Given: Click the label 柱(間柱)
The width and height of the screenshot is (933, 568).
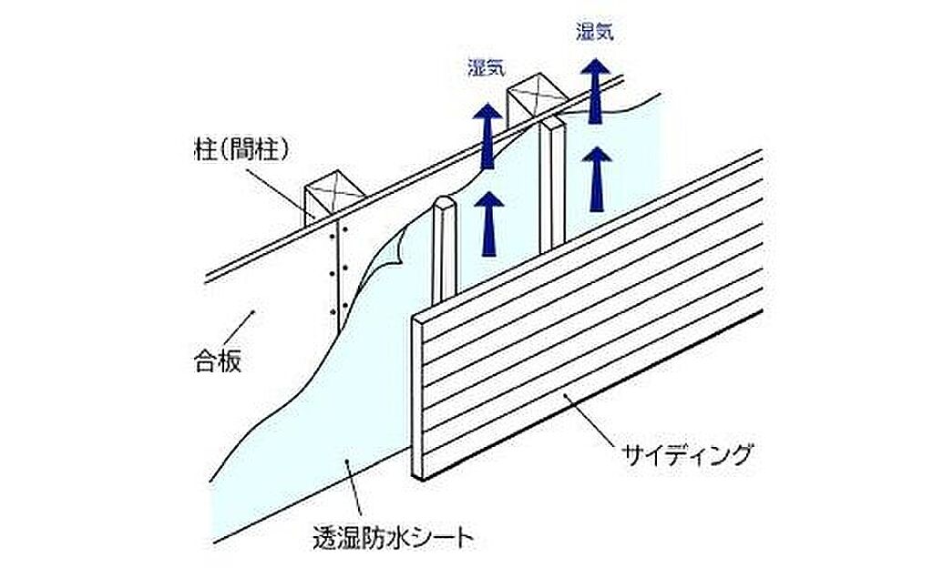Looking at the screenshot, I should [x=235, y=148].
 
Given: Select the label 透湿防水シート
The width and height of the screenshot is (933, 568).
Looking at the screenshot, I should [x=393, y=538].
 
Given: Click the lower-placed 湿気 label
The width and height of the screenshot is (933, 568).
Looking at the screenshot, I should [x=487, y=67].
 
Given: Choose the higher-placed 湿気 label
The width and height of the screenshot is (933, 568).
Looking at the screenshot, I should [x=595, y=32].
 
